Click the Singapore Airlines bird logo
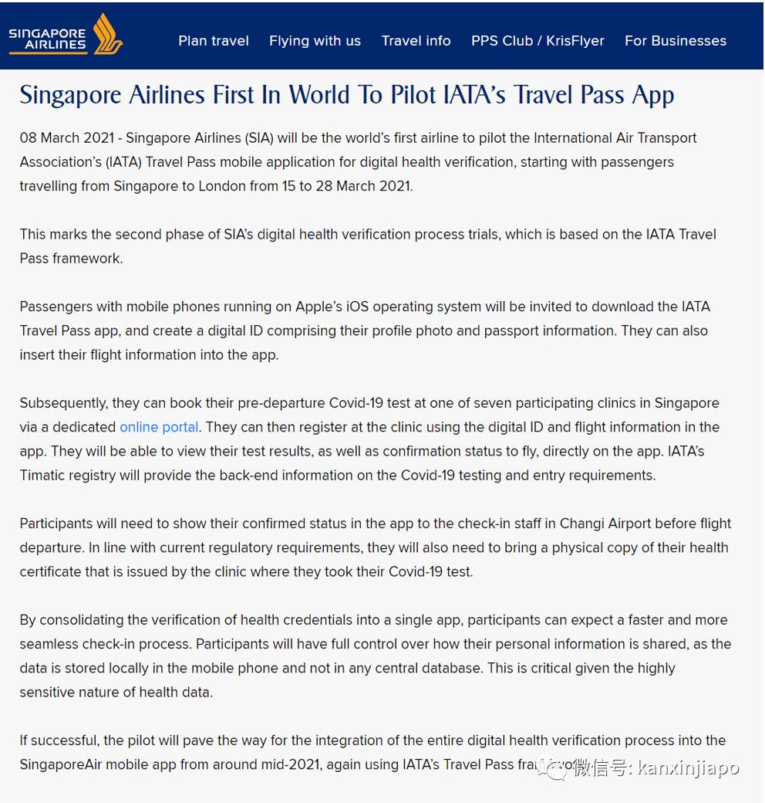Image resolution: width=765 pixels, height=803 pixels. coord(108,34)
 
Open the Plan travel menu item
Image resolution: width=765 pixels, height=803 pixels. coord(214,41)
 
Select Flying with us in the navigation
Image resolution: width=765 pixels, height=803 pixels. coord(315,41)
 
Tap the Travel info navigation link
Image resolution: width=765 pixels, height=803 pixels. coord(416,41)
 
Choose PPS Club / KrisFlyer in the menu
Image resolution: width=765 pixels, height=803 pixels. coord(538,41)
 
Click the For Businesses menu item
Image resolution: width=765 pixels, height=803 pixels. coord(675,41)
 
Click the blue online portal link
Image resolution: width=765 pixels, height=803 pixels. coord(159,427)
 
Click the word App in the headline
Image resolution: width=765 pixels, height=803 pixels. coord(652,95)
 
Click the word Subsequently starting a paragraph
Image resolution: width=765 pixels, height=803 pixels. coord(64,403)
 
